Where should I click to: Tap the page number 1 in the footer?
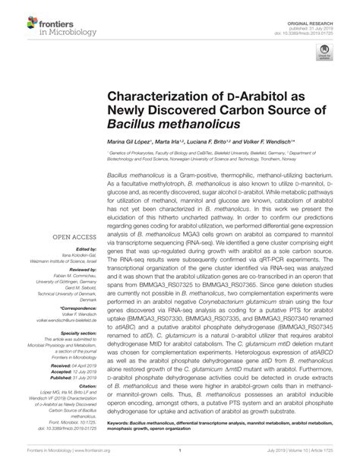coord(179,450)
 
